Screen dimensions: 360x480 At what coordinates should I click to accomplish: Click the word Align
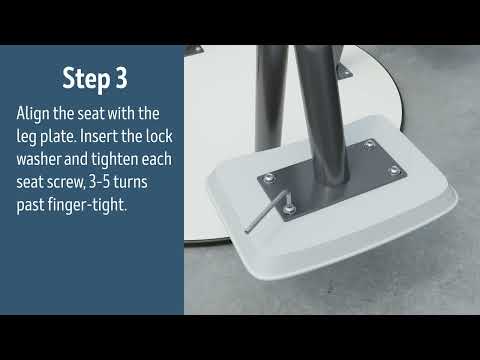click(x=36, y=112)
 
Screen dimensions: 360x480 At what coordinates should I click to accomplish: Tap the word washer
click(x=42, y=156)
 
